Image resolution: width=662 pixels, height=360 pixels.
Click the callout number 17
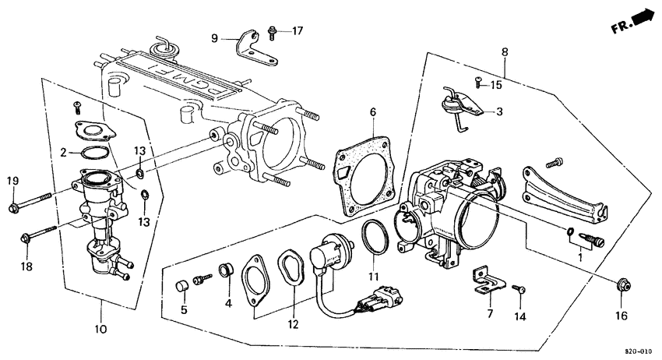pos(297,31)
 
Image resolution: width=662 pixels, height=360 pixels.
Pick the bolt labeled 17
pos(272,33)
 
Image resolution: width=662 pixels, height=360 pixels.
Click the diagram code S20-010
pos(641,351)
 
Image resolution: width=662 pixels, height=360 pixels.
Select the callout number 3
pos(499,111)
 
